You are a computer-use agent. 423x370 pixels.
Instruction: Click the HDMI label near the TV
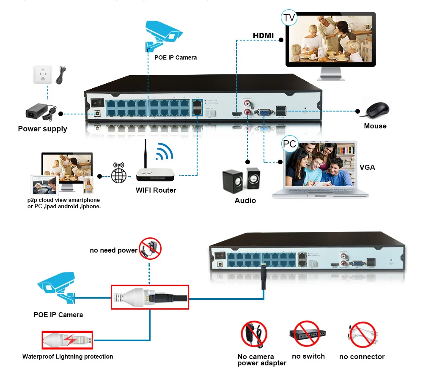click(263, 35)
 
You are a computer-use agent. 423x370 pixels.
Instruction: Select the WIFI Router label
click(156, 190)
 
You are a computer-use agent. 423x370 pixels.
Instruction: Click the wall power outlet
click(43, 75)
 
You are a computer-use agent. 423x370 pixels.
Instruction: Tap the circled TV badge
click(289, 17)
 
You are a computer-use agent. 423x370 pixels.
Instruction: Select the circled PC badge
click(290, 144)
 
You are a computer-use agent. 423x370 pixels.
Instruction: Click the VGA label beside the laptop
click(367, 167)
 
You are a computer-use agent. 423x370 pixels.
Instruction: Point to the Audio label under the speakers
click(245, 200)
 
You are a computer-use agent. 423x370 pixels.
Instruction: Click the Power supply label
click(42, 129)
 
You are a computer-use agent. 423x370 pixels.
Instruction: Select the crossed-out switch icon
click(308, 333)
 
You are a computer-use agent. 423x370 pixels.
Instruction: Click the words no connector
click(362, 357)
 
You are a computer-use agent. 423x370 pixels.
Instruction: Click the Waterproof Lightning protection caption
click(68, 356)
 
